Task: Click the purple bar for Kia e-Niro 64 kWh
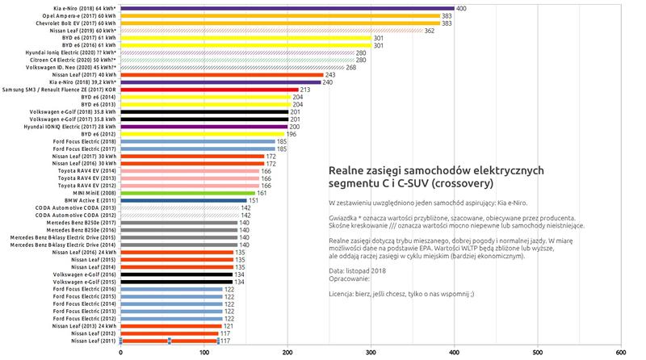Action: pyautogui.click(x=287, y=8)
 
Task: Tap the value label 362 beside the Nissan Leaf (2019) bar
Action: pyautogui.click(x=430, y=31)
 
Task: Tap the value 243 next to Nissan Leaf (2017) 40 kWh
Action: pyautogui.click(x=329, y=75)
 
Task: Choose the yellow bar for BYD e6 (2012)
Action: pyautogui.click(x=202, y=134)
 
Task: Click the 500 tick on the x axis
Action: pyautogui.click(x=537, y=353)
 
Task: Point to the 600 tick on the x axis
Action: pyautogui.click(x=620, y=353)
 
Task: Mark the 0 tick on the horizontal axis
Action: pyautogui.click(x=120, y=353)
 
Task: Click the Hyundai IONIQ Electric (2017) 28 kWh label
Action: pyautogui.click(x=69, y=127)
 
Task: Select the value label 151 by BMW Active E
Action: pyautogui.click(x=254, y=201)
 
